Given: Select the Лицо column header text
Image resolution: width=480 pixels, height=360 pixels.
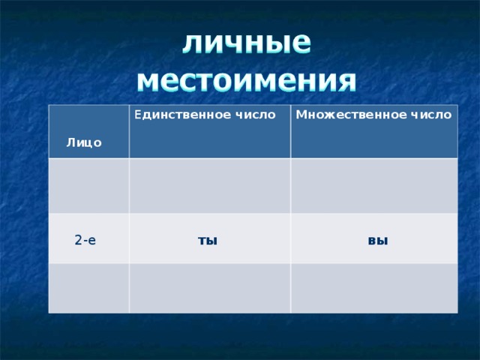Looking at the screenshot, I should [x=84, y=142].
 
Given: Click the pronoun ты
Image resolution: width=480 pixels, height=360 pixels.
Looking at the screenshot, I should [x=207, y=241].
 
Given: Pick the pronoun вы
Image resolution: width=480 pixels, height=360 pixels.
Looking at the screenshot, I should [x=378, y=241].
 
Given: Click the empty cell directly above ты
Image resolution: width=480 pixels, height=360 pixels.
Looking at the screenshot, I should [x=210, y=186].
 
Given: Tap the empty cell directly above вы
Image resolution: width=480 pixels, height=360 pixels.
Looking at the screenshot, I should [x=373, y=186].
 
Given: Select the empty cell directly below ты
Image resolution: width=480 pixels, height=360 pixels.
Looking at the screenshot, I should [x=210, y=287].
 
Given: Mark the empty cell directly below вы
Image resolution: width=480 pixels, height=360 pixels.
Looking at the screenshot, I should [x=373, y=287].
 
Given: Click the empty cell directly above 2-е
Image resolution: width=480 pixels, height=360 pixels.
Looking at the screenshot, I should [x=89, y=186].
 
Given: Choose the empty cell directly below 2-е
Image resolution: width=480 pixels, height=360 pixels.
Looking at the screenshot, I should [x=89, y=287].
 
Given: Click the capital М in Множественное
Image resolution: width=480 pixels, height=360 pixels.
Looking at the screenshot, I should [x=300, y=115].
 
